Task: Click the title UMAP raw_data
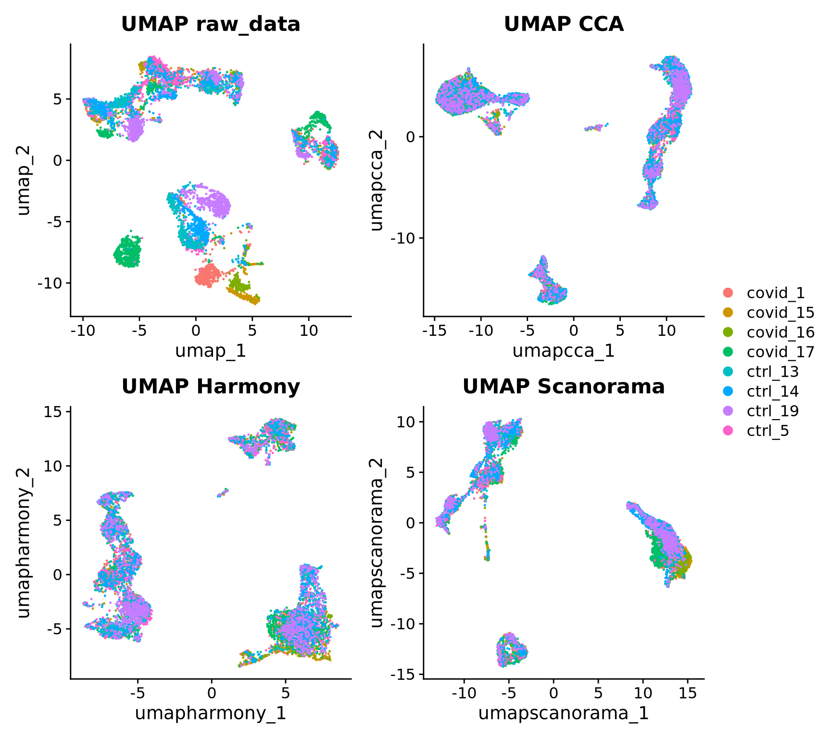pyautogui.click(x=211, y=24)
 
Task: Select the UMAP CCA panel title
pyautogui.click(x=564, y=24)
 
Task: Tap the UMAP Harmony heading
pyautogui.click(x=211, y=386)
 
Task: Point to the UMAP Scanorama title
pyautogui.click(x=564, y=386)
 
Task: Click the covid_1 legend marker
pyautogui.click(x=729, y=293)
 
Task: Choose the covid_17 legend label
pyautogui.click(x=780, y=352)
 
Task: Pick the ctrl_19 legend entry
pyautogui.click(x=772, y=411)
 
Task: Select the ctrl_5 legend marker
pyautogui.click(x=729, y=431)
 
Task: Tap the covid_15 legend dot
pyautogui.click(x=729, y=312)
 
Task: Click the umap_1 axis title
pyautogui.click(x=211, y=351)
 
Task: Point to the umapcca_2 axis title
pyautogui.click(x=377, y=180)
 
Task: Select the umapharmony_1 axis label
pyautogui.click(x=211, y=713)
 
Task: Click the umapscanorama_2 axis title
pyautogui.click(x=377, y=543)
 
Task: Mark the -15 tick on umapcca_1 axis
pyautogui.click(x=434, y=331)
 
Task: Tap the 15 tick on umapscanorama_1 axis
pyautogui.click(x=688, y=693)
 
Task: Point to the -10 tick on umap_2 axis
pyautogui.click(x=50, y=283)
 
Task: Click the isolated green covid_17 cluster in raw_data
pyautogui.click(x=128, y=252)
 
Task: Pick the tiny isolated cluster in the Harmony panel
pyautogui.click(x=223, y=493)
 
